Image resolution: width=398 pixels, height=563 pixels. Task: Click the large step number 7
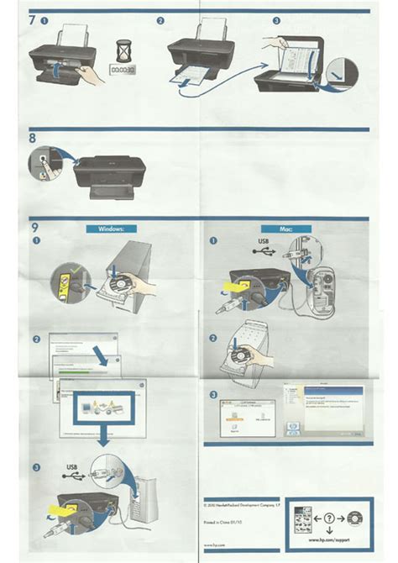click(33, 18)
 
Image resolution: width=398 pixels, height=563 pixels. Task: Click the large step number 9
click(34, 228)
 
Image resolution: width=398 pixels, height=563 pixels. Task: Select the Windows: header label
click(110, 228)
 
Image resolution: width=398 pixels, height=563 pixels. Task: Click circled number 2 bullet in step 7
click(160, 19)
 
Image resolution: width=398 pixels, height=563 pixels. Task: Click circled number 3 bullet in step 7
click(276, 19)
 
